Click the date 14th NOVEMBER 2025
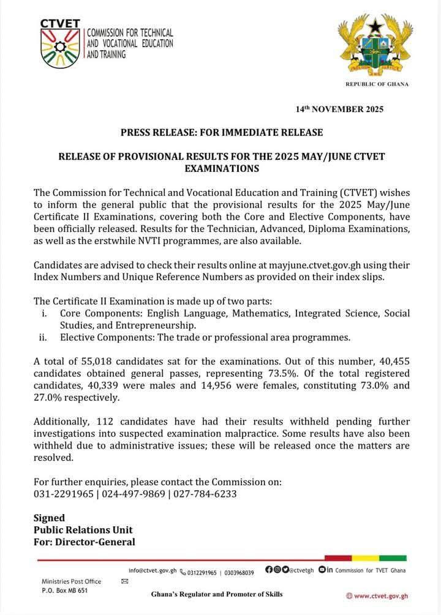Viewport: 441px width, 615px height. point(339,110)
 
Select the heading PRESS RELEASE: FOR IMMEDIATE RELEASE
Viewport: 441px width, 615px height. point(221,132)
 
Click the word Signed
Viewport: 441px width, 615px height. point(49,518)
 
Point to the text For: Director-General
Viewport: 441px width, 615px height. point(84,542)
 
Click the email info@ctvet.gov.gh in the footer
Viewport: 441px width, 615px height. point(153,570)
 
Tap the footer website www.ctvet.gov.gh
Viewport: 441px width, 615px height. point(381,595)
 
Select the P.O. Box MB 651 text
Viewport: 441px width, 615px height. point(64,591)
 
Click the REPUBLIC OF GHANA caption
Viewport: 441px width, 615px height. point(377,84)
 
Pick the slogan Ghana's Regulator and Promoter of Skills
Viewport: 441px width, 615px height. point(217,594)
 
